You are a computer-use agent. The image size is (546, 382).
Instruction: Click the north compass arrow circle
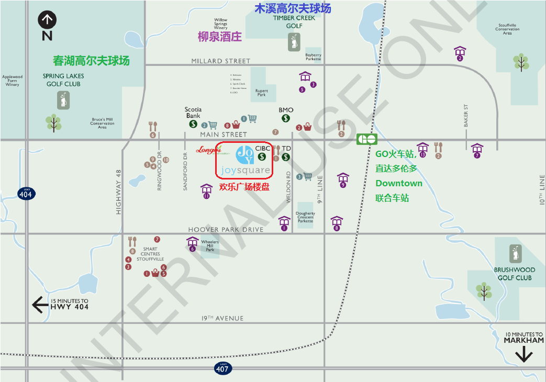47,20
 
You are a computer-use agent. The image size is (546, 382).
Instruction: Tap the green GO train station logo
367,139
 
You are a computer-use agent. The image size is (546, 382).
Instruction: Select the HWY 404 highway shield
26,193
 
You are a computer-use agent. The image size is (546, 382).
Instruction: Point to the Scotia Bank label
193,113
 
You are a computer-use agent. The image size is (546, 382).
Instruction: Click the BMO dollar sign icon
286,118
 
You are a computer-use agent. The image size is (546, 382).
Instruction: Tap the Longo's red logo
209,150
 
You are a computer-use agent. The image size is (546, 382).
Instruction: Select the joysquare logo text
246,170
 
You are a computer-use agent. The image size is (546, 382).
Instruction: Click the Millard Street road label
221,61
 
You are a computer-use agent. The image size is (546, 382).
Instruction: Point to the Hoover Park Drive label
226,230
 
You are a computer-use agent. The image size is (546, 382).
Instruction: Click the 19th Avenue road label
222,318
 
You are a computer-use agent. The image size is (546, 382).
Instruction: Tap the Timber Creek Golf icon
294,42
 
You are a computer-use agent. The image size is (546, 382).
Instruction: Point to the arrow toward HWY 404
40,304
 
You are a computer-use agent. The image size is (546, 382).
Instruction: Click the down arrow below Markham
523,355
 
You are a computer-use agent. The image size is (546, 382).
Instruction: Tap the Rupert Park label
261,93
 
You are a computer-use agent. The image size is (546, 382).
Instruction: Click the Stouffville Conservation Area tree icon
520,62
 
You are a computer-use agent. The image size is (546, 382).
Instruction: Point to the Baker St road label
465,116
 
